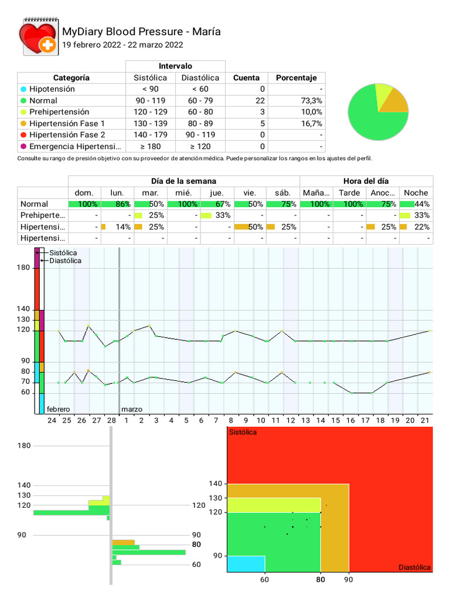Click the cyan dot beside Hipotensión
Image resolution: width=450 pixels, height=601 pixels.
[x=23, y=89]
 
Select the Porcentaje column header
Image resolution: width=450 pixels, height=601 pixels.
[x=296, y=77]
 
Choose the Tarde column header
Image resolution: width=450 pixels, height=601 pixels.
[x=349, y=193]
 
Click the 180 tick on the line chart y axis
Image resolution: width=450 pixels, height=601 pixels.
[x=23, y=268]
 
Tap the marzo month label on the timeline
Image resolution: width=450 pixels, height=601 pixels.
[x=131, y=409]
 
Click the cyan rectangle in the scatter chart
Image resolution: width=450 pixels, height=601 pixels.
[x=246, y=563]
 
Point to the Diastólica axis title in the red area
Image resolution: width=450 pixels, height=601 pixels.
[x=414, y=567]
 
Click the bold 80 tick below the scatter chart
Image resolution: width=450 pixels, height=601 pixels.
[x=321, y=580]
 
